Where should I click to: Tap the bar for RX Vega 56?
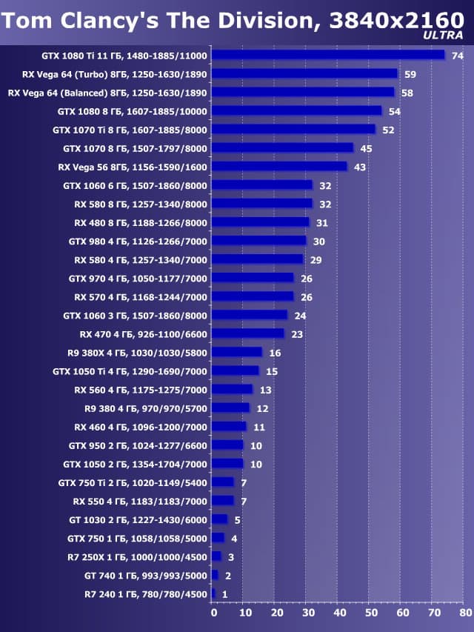pyautogui.click(x=279, y=167)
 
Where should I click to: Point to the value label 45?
pyautogui.click(x=366, y=149)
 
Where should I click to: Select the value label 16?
pyautogui.click(x=275, y=353)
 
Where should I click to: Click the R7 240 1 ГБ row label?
pyautogui.click(x=146, y=593)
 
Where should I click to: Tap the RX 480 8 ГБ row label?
pyautogui.click(x=141, y=222)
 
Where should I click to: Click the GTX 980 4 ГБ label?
pyautogui.click(x=138, y=241)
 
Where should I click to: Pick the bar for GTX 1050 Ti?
pyautogui.click(x=235, y=370)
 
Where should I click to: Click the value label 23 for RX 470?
pyautogui.click(x=296, y=334)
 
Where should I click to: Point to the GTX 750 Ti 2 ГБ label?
pyautogui.click(x=133, y=482)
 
